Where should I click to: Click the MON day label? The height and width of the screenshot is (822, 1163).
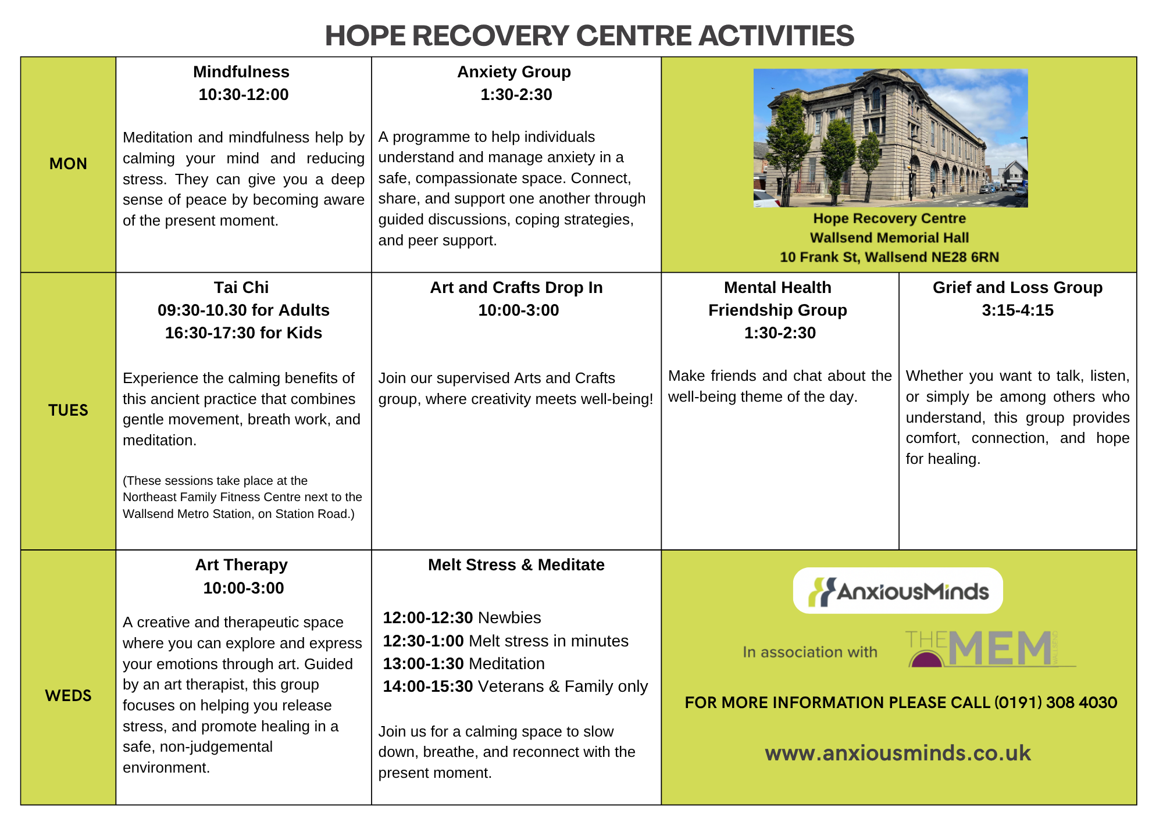coord(68,164)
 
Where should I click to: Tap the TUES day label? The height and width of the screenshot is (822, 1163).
coord(68,410)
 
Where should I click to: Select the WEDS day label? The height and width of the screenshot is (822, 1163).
coord(68,696)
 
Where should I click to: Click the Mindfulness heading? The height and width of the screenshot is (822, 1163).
coord(241,72)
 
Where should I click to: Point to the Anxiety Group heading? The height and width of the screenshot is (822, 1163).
coord(514,72)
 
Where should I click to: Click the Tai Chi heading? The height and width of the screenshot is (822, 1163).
coord(241,288)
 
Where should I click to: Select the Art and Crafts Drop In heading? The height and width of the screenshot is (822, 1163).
coord(516,288)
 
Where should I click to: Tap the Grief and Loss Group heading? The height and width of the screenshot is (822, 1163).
coord(1018,288)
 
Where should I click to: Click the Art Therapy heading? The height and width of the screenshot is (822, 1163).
coord(241,565)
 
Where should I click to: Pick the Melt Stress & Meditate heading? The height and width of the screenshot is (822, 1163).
coord(516,565)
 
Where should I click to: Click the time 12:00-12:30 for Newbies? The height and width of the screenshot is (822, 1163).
coord(428,618)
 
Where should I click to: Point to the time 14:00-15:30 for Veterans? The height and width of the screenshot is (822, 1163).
coord(428,687)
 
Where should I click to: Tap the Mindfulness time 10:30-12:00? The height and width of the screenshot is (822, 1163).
coord(244,95)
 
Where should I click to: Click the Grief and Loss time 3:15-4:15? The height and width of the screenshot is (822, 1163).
coord(1018,310)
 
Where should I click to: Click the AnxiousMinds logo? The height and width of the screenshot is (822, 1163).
coord(898,591)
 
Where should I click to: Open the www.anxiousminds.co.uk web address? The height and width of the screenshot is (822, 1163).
coord(898,753)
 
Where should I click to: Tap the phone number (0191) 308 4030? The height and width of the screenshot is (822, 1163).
coord(1055,703)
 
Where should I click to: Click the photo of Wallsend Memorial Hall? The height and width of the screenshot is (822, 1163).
coord(890,138)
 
